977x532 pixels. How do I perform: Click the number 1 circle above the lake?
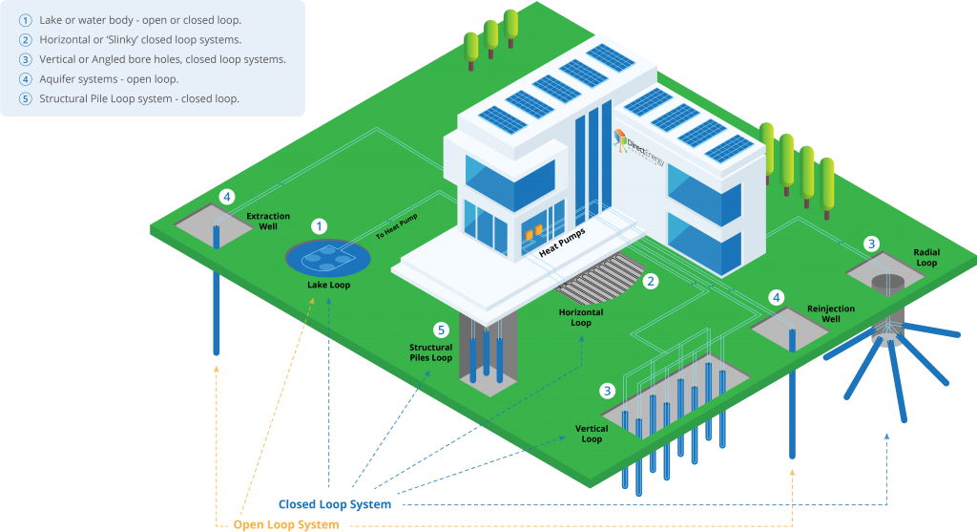click(320, 226)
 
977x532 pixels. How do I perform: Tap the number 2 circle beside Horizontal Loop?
click(651, 281)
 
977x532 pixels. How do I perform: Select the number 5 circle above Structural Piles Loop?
click(440, 330)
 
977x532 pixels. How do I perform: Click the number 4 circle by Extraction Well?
click(226, 197)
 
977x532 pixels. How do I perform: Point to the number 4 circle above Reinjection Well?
click(777, 297)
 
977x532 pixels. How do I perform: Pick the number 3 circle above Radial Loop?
click(871, 244)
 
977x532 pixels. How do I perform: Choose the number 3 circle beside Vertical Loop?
click(607, 391)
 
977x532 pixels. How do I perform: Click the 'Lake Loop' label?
click(328, 285)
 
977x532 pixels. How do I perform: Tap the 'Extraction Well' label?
click(267, 223)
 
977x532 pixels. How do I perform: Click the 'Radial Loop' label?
click(925, 258)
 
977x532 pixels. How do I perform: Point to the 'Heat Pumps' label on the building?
click(562, 243)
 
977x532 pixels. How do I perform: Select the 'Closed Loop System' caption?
click(334, 504)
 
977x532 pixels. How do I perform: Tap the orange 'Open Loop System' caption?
click(286, 524)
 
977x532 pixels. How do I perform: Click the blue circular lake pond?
click(328, 256)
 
